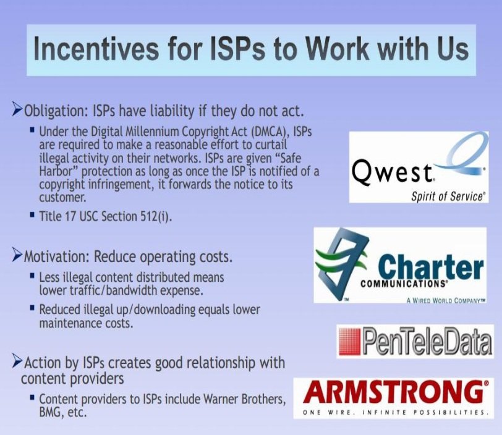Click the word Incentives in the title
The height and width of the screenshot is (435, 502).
point(96,49)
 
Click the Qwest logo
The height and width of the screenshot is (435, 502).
point(419,167)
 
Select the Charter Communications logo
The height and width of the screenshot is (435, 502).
point(400,265)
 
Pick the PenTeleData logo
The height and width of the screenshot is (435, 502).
point(415,341)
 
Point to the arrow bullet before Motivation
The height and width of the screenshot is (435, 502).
point(17,256)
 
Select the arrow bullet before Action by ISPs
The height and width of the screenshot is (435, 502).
point(17,361)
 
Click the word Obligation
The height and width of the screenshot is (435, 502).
point(56,112)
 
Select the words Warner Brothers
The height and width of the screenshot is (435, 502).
point(244,399)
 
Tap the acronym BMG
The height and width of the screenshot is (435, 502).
point(51,412)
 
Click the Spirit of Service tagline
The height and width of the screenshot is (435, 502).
point(448,196)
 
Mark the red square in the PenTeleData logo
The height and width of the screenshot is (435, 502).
point(350,342)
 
